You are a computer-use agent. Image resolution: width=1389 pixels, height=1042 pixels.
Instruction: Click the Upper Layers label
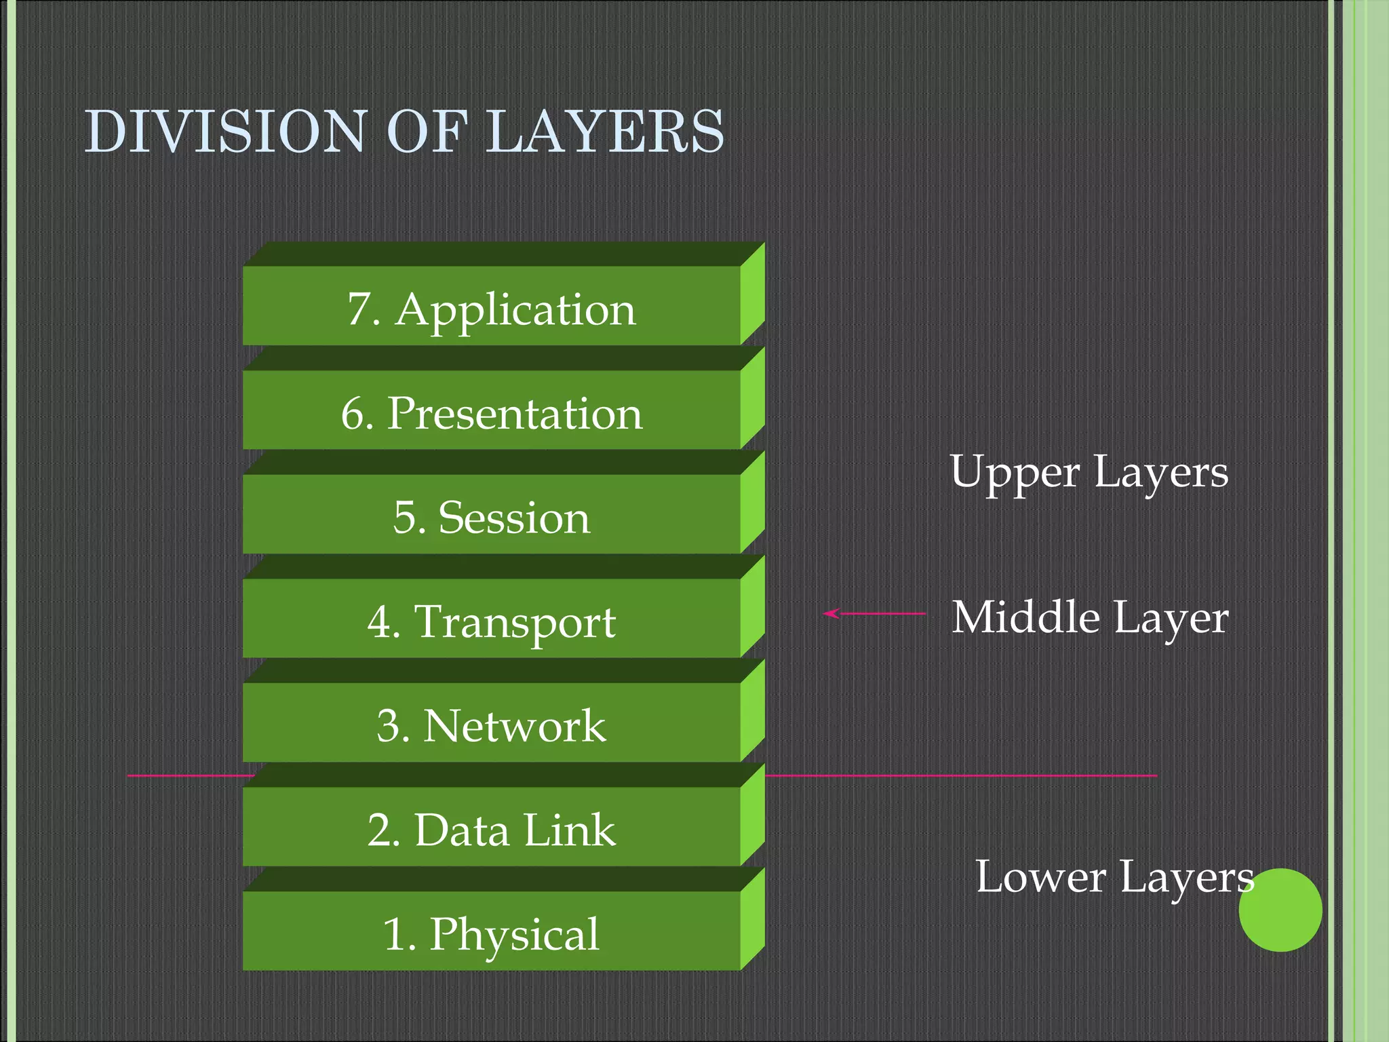click(1088, 473)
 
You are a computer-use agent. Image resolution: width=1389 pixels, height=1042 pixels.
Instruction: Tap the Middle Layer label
click(1089, 617)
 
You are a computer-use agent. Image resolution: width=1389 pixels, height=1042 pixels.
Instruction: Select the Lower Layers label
click(1114, 877)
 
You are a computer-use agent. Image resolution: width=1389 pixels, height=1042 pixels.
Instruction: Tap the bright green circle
click(1280, 910)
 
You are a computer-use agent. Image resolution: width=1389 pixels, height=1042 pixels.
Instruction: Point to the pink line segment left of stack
click(190, 775)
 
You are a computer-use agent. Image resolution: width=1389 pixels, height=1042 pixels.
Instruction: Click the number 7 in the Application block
click(360, 309)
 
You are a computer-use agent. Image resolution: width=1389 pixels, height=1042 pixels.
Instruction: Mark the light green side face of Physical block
click(752, 919)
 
